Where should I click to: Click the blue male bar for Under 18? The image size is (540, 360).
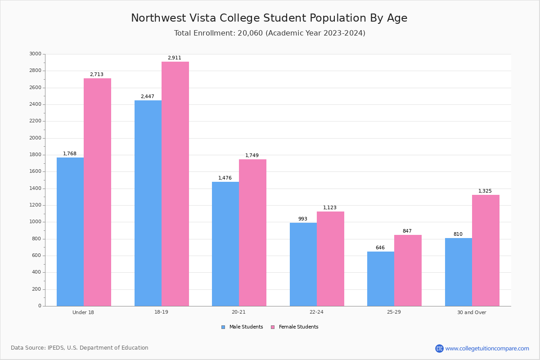pos(70,232)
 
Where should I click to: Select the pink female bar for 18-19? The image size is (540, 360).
pos(175,184)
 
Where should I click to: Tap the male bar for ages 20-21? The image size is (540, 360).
pos(225,244)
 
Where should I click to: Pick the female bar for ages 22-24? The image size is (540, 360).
pos(330,259)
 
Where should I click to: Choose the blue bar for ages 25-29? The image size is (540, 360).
pos(381,279)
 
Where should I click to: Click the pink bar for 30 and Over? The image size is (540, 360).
pos(486,251)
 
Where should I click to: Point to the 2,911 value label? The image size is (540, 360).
pos(174,58)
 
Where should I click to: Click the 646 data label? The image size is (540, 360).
pos(380,247)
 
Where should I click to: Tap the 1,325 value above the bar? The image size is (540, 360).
pos(485,191)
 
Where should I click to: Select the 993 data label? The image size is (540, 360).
pos(302,219)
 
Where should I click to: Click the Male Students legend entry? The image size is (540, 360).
pos(242,327)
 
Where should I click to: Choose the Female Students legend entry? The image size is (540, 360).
pos(295,327)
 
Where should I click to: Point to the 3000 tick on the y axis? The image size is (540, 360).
pos(36,54)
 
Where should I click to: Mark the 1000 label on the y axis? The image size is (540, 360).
pos(36,222)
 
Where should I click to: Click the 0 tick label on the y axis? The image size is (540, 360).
pos(40,306)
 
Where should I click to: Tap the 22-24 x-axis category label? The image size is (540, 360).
pos(316,312)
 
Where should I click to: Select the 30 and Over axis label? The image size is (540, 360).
pos(472,312)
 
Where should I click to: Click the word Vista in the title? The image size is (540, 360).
pos(202,18)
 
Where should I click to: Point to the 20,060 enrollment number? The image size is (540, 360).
pos(250,33)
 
